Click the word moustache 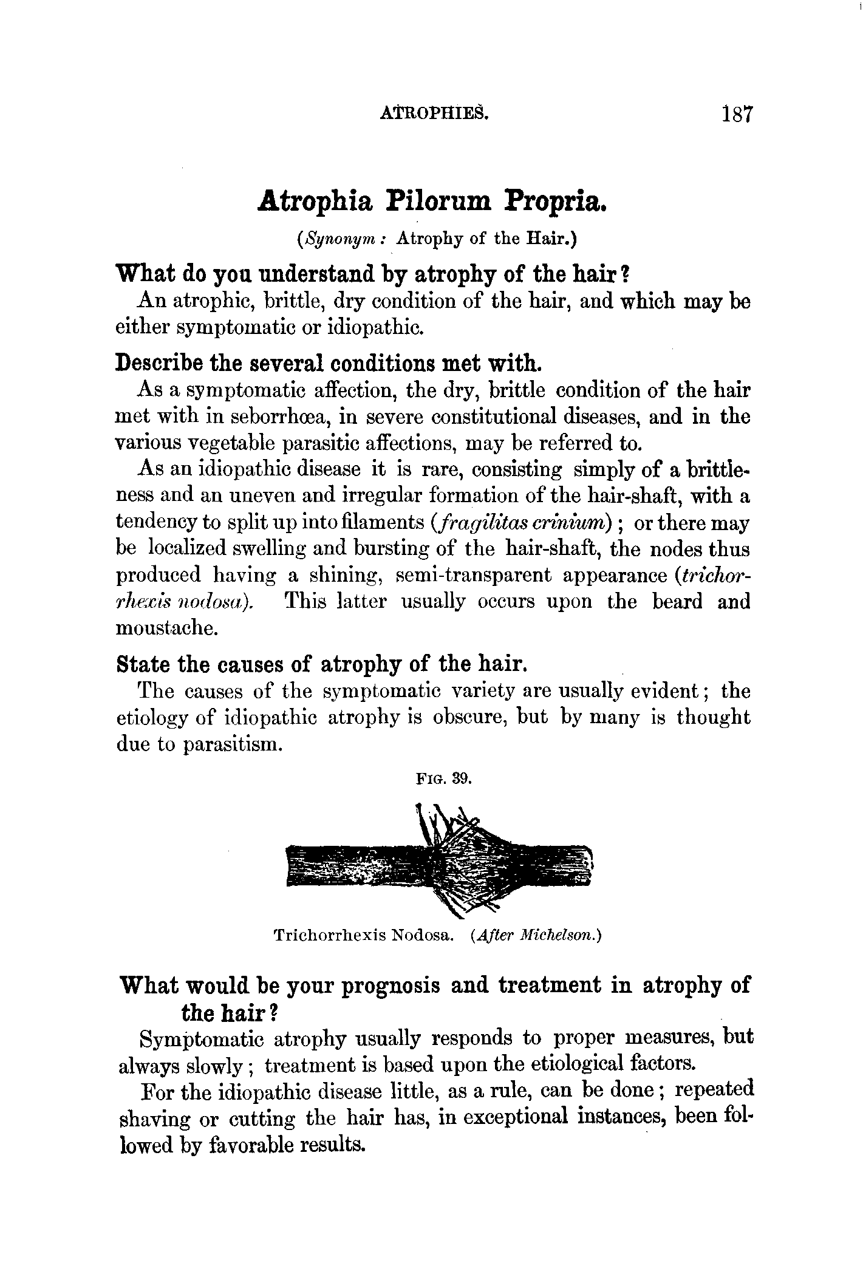[166, 628]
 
